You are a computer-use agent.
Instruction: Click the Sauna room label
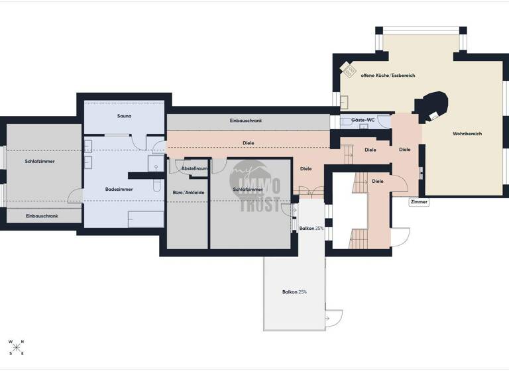pyautogui.click(x=125, y=116)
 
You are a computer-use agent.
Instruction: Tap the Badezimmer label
pyautogui.click(x=119, y=189)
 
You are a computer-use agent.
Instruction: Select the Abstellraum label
pyautogui.click(x=194, y=169)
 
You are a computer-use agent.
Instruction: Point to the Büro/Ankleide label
pyautogui.click(x=188, y=193)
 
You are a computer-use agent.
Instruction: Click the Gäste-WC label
pyautogui.click(x=363, y=121)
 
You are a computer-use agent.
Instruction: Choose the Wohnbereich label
pyautogui.click(x=467, y=134)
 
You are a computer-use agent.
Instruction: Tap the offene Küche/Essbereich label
pyautogui.click(x=388, y=76)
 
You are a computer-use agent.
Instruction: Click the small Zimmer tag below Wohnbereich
pyautogui.click(x=419, y=201)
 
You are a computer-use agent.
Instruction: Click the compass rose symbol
pyautogui.click(x=17, y=347)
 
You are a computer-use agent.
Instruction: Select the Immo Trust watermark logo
pyautogui.click(x=254, y=187)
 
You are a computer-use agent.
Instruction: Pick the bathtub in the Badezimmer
pyautogui.click(x=146, y=219)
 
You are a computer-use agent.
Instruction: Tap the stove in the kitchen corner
pyautogui.click(x=349, y=70)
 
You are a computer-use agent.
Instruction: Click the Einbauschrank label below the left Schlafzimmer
pyautogui.click(x=42, y=216)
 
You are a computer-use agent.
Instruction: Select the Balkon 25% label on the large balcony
pyautogui.click(x=294, y=291)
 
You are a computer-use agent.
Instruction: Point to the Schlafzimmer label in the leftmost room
pyautogui.click(x=40, y=161)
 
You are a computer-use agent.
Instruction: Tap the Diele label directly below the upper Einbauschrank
pyautogui.click(x=249, y=142)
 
